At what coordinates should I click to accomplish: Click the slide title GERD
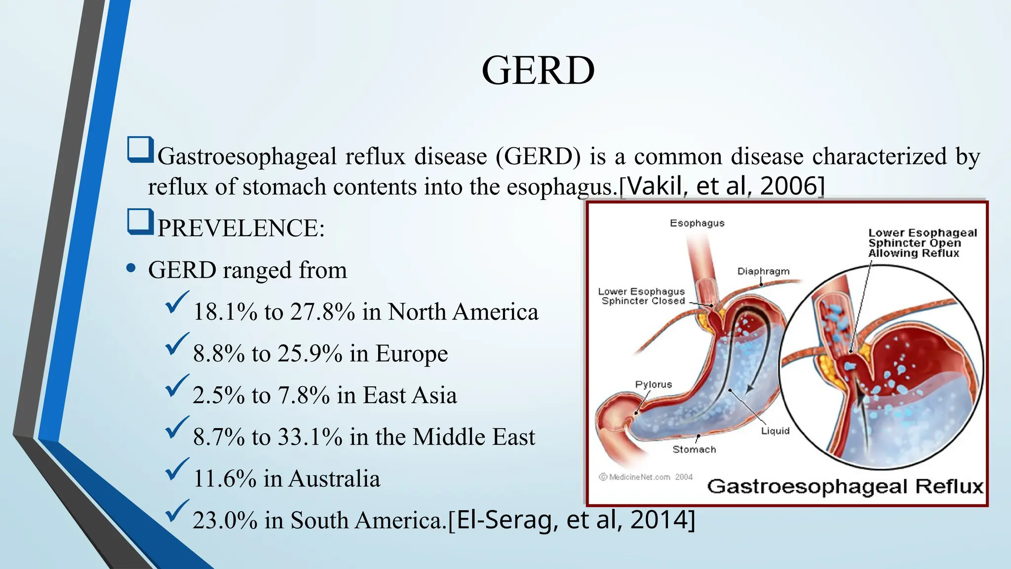click(538, 71)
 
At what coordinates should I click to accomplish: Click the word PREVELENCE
click(240, 228)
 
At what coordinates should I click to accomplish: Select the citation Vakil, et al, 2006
click(722, 186)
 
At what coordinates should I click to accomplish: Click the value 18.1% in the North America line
click(225, 312)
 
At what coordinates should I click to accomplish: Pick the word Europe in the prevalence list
click(411, 354)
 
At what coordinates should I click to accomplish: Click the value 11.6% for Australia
click(225, 479)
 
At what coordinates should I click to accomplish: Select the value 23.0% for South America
click(225, 521)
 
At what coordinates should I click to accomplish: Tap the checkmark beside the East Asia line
click(177, 386)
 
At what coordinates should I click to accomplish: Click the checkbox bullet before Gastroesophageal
click(140, 150)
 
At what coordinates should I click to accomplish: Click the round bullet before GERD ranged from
click(131, 269)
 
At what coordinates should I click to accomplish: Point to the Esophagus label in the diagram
click(697, 223)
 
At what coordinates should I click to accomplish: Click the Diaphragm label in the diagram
click(763, 271)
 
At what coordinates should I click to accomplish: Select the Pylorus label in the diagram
click(654, 384)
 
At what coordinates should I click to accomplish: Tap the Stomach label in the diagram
click(694, 449)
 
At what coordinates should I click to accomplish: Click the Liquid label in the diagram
click(775, 431)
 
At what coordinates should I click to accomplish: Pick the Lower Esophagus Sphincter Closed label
click(642, 296)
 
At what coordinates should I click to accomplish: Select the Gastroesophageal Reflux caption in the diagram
click(845, 487)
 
